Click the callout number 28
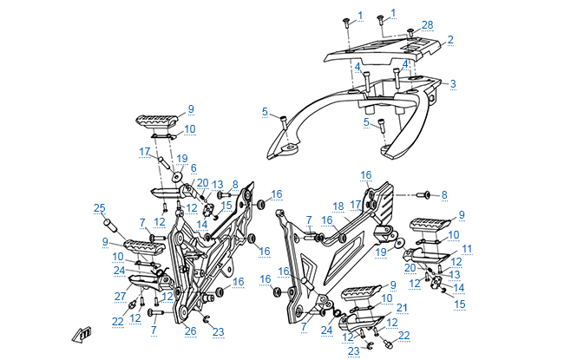tap(427, 23)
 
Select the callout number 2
tap(451, 40)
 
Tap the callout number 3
tap(452, 83)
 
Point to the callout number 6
tap(193, 167)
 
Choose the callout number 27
tap(120, 296)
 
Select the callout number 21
tap(401, 308)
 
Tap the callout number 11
tap(466, 249)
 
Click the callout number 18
tap(338, 206)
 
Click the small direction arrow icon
tap(82, 333)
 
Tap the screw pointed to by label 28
tap(410, 32)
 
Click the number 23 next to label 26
tap(218, 331)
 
